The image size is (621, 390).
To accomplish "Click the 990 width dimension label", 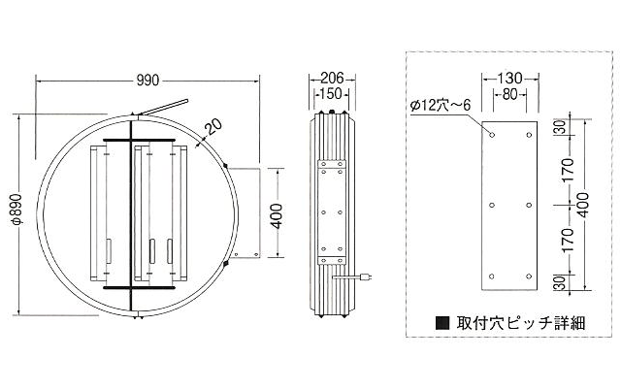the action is coord(147,81).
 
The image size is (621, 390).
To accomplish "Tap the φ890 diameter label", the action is coord(18,210).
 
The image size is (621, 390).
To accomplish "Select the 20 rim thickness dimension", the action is coord(213,128).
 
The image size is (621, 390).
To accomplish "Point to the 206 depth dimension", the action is coord(332,78).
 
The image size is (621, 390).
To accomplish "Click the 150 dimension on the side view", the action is coord(331,94).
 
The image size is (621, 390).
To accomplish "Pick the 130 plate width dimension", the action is coord(509,78).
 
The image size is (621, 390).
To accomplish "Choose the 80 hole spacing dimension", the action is coord(509,95).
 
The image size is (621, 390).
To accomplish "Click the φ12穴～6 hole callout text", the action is coord(440,106).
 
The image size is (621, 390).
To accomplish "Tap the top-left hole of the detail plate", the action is coord(492,135).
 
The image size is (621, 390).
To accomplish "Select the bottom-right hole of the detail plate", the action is coord(529,276).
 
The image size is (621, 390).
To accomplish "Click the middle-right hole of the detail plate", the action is coord(529,205).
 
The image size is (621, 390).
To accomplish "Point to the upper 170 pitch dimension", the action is coord(567,170).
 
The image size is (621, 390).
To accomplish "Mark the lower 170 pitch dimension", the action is coord(567,241).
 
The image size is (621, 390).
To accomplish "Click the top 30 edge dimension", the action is coord(562,128).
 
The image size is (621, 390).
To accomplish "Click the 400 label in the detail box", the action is coord(584,205).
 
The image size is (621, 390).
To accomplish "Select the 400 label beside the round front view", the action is coord(278,216).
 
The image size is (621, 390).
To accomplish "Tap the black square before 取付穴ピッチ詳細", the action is coord(442,323).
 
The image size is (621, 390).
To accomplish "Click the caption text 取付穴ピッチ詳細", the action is coord(520,323).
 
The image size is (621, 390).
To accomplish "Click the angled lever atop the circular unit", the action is coord(163,108).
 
